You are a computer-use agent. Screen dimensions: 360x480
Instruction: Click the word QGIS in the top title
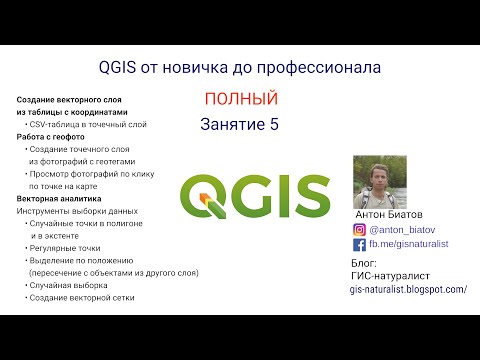click(x=123, y=68)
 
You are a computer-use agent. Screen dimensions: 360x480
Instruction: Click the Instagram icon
click(x=360, y=229)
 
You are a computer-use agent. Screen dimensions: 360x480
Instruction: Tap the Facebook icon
click(x=360, y=243)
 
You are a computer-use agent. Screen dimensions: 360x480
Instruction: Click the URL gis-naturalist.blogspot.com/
click(x=408, y=288)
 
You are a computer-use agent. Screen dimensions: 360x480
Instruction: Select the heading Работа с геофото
click(x=51, y=136)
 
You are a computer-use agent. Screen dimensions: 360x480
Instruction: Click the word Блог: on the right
click(x=364, y=263)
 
